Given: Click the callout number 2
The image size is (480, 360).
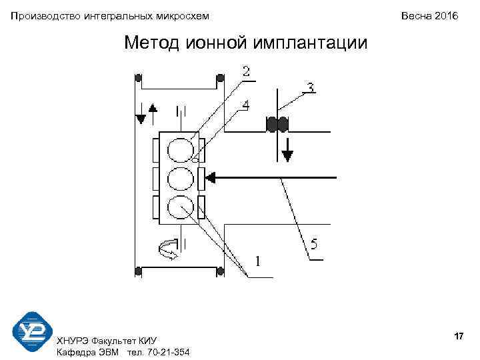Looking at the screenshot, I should coord(247,71).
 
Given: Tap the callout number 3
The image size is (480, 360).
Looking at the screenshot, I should coord(310,87).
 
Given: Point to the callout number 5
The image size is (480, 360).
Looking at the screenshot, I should coord(313,245).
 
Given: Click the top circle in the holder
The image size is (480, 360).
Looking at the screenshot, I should coord(179,149).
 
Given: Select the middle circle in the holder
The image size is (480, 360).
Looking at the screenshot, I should coord(179,179).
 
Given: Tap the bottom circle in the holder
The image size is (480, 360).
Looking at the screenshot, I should coord(179,207).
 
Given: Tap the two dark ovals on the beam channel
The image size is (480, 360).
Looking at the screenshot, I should coord(277,125).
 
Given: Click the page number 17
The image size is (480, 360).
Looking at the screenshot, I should coord(458,337).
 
